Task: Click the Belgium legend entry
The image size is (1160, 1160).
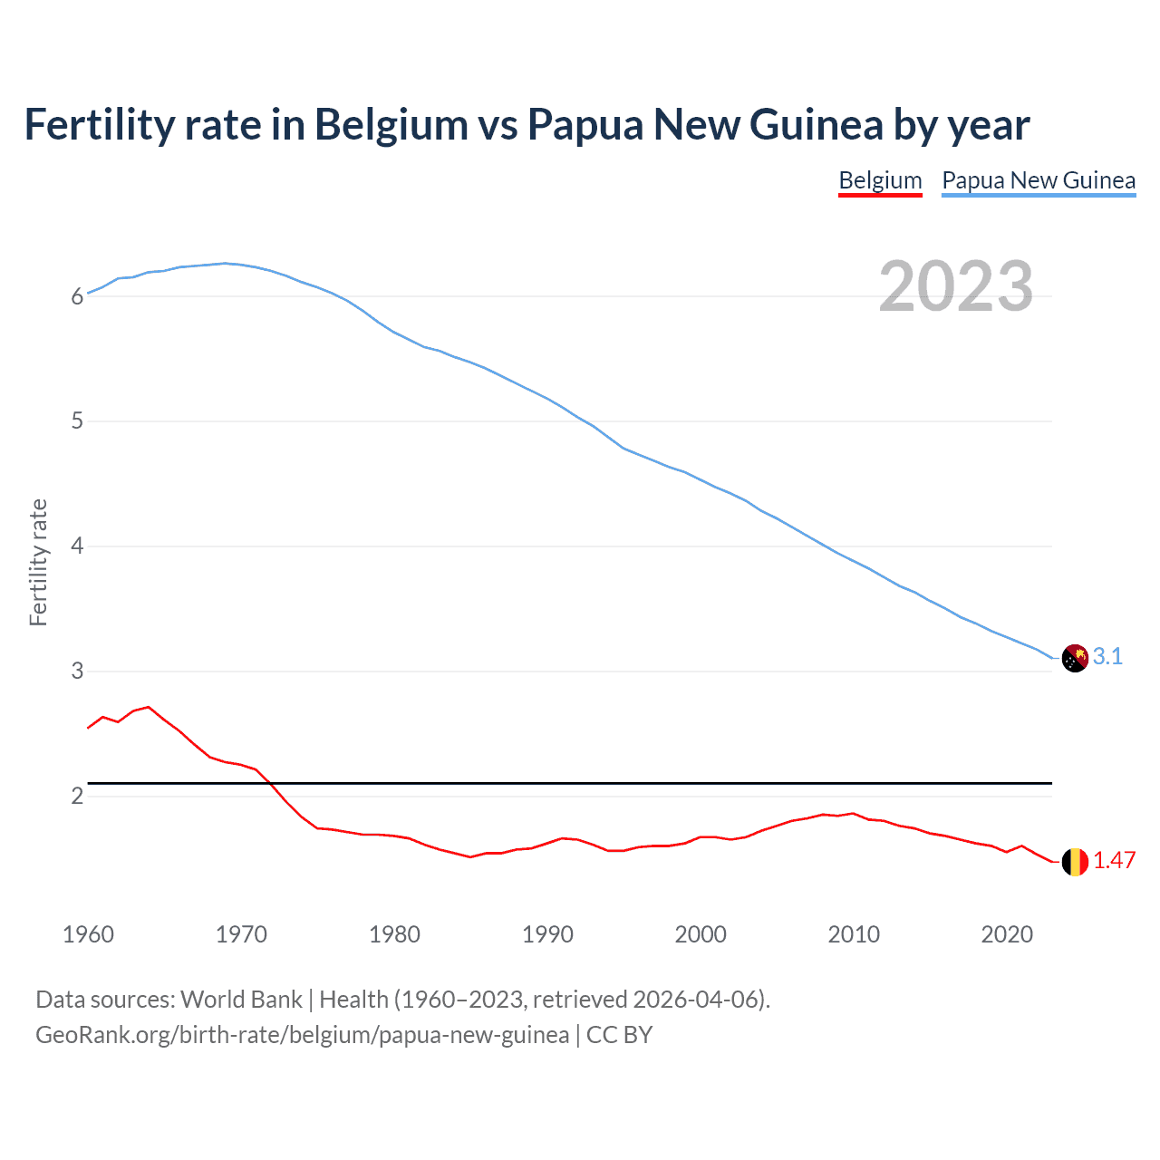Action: point(880,180)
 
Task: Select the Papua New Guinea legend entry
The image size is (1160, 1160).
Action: point(1039,180)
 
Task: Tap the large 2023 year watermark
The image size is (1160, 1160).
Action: point(955,286)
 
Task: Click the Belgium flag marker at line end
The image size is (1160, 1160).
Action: point(1075,862)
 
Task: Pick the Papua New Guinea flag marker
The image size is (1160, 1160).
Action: point(1075,658)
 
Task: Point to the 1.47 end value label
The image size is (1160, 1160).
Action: point(1114,861)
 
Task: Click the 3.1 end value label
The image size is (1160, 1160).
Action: point(1107,657)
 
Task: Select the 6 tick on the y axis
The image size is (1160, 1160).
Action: point(77,296)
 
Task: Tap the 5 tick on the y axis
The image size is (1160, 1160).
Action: point(77,421)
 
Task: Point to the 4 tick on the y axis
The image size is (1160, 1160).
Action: point(77,546)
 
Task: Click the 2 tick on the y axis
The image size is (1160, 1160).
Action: point(77,797)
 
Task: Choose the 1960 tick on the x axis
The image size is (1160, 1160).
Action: point(88,934)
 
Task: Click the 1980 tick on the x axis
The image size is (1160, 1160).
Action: point(394,934)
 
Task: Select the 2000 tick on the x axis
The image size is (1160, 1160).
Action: point(701,934)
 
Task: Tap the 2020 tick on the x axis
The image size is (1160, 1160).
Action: point(1007,934)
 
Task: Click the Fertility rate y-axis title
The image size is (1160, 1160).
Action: point(38,562)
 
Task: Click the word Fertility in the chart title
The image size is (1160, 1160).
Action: point(99,125)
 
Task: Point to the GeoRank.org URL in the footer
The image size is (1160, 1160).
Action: point(302,1035)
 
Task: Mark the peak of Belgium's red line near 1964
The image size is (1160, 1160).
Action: point(149,707)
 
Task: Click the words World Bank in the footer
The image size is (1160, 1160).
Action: point(241,1000)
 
